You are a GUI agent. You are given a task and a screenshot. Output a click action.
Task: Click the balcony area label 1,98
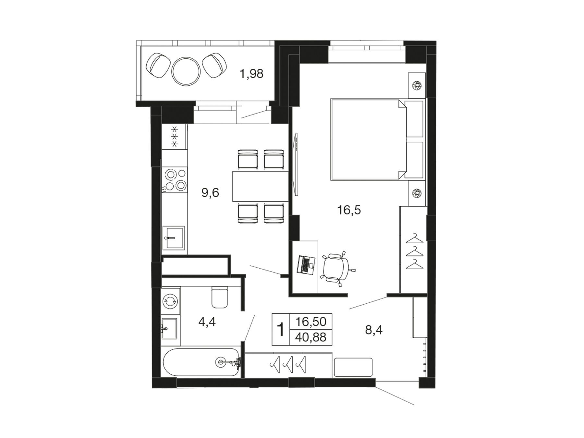[x=251, y=74]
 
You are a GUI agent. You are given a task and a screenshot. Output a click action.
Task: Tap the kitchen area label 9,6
[x=210, y=193]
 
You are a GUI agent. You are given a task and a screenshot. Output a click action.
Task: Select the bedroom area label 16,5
[x=349, y=210]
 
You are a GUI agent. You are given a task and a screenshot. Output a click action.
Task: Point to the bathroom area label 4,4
[x=207, y=322]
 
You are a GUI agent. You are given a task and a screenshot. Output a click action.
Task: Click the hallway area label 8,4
[x=374, y=330]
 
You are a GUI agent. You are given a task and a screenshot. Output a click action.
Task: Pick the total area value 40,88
[x=310, y=337]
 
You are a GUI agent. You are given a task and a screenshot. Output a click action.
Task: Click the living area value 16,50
[x=310, y=322]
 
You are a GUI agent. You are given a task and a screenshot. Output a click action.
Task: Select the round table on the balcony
[x=186, y=71]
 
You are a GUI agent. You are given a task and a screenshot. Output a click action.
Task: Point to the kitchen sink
[x=173, y=238]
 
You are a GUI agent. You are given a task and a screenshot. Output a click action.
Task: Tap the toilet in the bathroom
[x=219, y=297]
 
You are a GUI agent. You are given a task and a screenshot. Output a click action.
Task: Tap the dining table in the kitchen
[x=260, y=186]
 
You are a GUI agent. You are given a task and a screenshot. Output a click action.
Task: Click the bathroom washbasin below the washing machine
[x=169, y=329]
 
